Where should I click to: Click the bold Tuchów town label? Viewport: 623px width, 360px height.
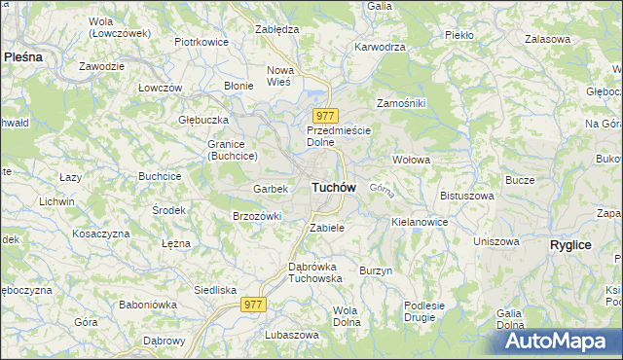(x=333, y=186)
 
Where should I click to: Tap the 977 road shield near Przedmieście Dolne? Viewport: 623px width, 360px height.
(x=325, y=115)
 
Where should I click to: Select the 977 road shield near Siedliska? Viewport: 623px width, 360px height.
(x=254, y=305)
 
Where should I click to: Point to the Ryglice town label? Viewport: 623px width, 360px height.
(x=570, y=245)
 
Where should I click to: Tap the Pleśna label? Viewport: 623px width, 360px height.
(x=23, y=57)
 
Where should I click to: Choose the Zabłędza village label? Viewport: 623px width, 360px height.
(x=275, y=29)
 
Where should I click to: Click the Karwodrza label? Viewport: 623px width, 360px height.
(x=380, y=46)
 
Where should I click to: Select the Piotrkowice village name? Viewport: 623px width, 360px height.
(x=201, y=43)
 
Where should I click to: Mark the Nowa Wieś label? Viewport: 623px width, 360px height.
(x=280, y=76)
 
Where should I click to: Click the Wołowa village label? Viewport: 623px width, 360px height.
(x=411, y=159)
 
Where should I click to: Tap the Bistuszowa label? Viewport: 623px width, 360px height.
(x=467, y=196)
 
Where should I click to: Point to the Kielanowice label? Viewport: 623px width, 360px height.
(x=420, y=222)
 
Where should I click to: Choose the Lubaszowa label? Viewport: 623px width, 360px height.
(x=291, y=335)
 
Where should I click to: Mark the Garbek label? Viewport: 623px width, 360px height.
(x=270, y=188)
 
